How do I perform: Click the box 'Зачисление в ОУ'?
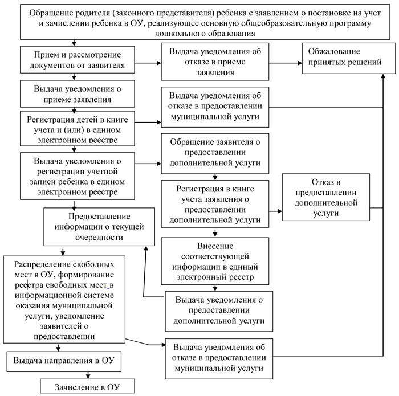(x=88, y=387)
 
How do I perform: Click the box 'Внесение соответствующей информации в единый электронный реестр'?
(x=214, y=261)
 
